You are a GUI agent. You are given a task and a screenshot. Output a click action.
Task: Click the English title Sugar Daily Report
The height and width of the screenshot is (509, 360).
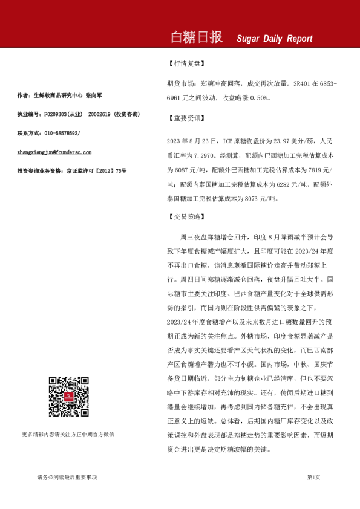pyautogui.click(x=274, y=39)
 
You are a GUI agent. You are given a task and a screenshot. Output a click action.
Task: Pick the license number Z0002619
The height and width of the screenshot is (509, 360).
pyautogui.click(x=100, y=114)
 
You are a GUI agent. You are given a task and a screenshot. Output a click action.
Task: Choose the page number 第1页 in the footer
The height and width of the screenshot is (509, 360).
pyautogui.click(x=313, y=478)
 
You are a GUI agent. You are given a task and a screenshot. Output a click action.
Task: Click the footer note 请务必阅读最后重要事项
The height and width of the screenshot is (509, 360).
pyautogui.click(x=67, y=478)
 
